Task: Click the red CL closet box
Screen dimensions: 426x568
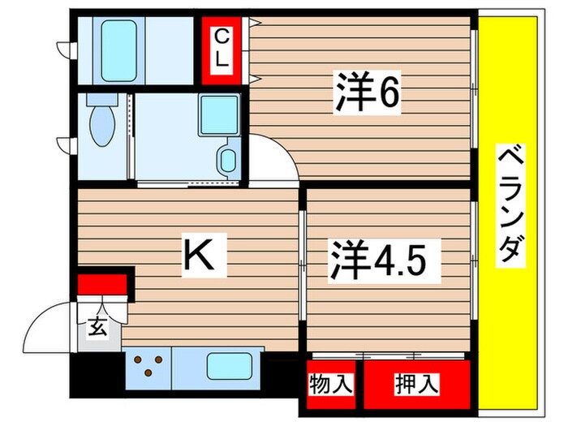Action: pos(222,49)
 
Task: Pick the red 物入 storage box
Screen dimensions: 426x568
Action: pos(330,384)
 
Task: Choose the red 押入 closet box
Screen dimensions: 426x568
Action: pos(417,384)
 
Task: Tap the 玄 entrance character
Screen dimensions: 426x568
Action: pos(96,328)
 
